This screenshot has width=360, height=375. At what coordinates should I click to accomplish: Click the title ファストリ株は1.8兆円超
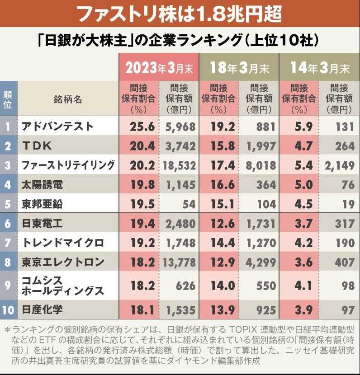pos(180,14)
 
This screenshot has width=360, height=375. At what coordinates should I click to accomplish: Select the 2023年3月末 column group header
pos(159,68)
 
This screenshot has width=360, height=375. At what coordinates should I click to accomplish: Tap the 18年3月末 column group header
pos(239,68)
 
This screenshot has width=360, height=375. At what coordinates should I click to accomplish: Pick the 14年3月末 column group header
pos(319,68)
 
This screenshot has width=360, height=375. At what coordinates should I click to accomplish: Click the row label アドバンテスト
pos(57,127)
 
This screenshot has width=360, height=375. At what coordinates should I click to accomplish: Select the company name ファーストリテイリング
pos(68,165)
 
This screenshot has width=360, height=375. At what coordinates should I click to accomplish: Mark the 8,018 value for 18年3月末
pos(260,165)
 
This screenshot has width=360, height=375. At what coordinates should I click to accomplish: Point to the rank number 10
pos(8,310)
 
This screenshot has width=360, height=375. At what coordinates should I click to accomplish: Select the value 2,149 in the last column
pos(339,165)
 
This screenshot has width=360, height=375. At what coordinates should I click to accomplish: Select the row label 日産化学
pos(43,310)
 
